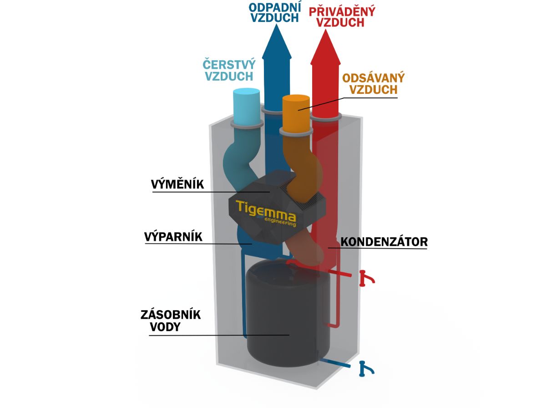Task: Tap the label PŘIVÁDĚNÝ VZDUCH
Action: (342, 16)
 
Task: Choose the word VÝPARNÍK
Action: (173, 237)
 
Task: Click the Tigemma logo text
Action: (266, 210)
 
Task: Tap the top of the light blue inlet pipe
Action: (246, 92)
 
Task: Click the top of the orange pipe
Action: (296, 99)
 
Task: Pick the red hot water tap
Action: (365, 278)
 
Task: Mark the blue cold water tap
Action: (365, 368)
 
